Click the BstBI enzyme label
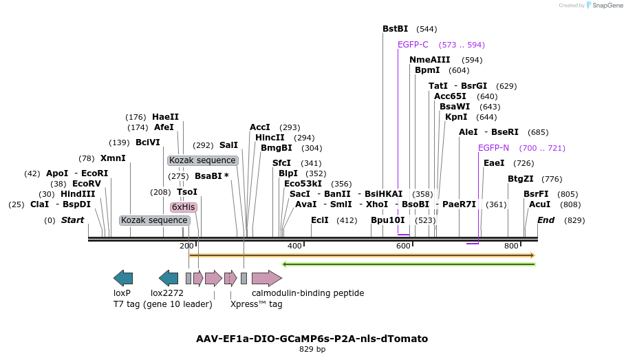click(395, 29)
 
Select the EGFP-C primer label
click(413, 45)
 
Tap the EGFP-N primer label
click(493, 148)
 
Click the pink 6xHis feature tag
click(184, 207)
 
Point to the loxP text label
click(122, 293)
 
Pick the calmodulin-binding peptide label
click(307, 293)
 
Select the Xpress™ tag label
click(256, 304)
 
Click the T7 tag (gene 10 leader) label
click(163, 304)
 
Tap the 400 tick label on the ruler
click(294, 246)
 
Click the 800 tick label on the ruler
click(511, 246)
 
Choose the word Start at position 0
click(72, 220)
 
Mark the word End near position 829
click(546, 220)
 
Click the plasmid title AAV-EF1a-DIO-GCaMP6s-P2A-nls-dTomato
click(312, 339)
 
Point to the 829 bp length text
click(312, 350)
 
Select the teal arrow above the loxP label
click(123, 278)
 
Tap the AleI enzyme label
click(468, 132)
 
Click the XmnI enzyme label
click(113, 158)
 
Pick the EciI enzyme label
click(320, 220)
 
